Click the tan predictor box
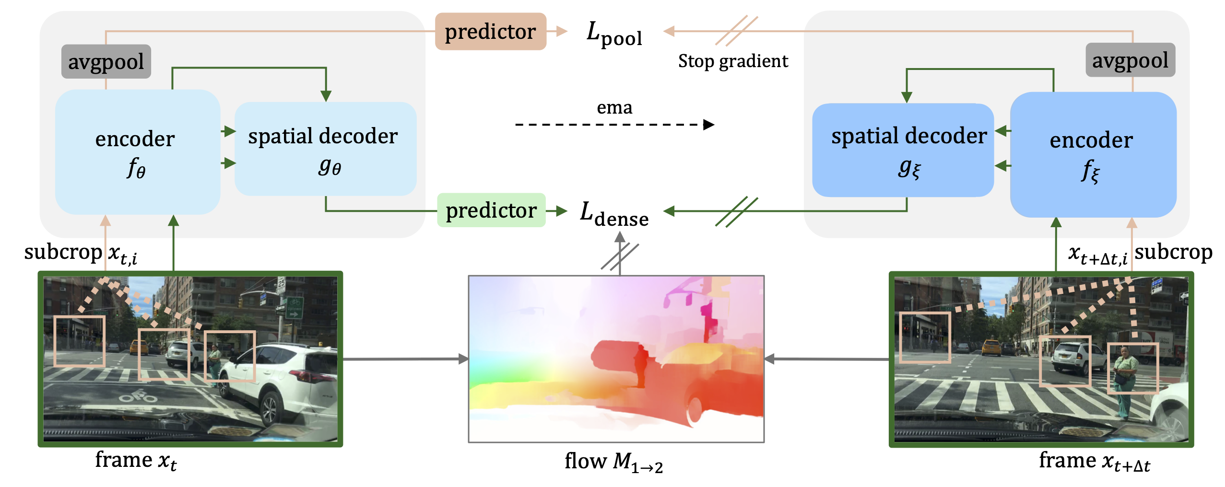pos(490,32)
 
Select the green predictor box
pos(491,210)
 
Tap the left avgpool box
pos(106,62)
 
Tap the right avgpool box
pos(1130,60)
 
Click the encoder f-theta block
pos(137,152)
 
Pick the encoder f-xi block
pos(1093,154)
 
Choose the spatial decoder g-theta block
pos(325,149)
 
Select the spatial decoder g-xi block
pos(903,150)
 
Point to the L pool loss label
pos(614,35)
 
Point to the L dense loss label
pos(614,214)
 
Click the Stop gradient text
pos(732,61)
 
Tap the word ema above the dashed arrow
pos(614,107)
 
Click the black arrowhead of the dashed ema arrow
pos(709,125)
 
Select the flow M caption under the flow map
pos(614,462)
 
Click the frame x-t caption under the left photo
pos(136,460)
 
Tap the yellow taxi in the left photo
pos(140,346)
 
